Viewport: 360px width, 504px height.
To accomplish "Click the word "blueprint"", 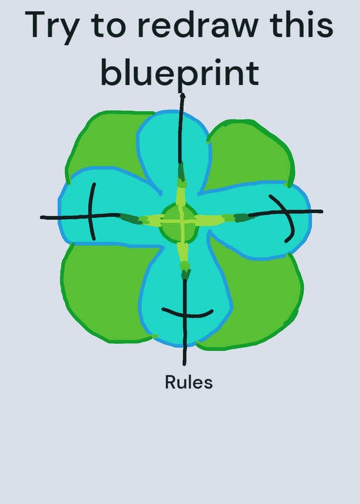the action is click(x=180, y=73).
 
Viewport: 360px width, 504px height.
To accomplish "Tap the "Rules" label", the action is click(x=189, y=382).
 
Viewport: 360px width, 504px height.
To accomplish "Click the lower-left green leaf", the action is click(x=103, y=292).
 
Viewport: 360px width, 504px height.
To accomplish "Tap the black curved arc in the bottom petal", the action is click(x=187, y=316).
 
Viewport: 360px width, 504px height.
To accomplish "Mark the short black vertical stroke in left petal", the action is click(x=91, y=212).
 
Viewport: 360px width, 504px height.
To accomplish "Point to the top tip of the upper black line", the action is click(x=183, y=94).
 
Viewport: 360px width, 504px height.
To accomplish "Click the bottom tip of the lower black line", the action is click(x=184, y=365).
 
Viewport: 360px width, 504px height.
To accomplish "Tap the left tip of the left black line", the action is click(x=41, y=217).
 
